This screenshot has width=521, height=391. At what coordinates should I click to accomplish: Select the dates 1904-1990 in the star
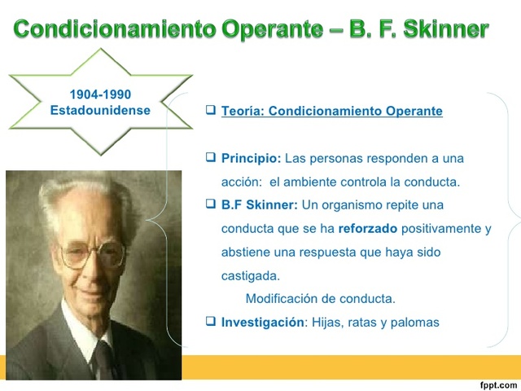click(x=100, y=95)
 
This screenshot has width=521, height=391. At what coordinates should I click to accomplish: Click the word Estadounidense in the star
click(x=100, y=110)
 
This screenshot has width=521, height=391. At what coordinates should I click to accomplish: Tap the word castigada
click(x=250, y=275)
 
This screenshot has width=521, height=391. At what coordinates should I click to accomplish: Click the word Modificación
click(x=283, y=299)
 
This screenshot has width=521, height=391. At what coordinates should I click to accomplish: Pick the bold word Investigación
click(x=262, y=323)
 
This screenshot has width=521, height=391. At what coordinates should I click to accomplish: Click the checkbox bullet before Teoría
click(x=211, y=110)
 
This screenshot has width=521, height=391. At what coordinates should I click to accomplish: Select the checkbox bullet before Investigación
click(x=211, y=322)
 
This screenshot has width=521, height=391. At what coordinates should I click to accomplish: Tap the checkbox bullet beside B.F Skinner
click(x=211, y=204)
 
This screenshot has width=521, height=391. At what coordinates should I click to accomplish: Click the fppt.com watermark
click(x=498, y=384)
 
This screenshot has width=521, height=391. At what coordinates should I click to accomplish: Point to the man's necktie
click(x=103, y=358)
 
